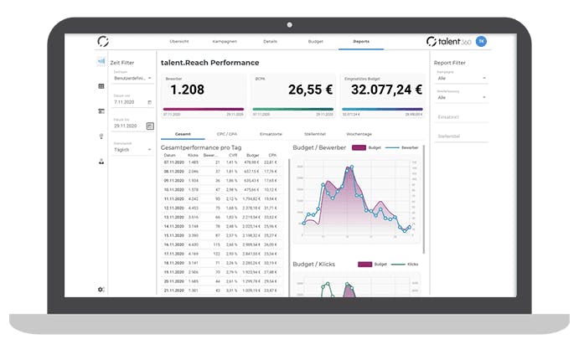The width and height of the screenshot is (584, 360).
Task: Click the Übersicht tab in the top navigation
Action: [178, 40]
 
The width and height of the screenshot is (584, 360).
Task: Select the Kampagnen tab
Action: [225, 40]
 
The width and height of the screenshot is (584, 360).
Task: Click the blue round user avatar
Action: [482, 41]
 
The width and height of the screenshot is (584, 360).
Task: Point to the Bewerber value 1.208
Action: [188, 89]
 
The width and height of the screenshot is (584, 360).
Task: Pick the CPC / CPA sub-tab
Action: [226, 134]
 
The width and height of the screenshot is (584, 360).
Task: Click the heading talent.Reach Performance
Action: [209, 63]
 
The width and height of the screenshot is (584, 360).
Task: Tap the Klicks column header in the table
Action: [193, 155]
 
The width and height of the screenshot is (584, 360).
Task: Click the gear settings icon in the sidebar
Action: [101, 290]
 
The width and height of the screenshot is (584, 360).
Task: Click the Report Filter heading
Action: [450, 63]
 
